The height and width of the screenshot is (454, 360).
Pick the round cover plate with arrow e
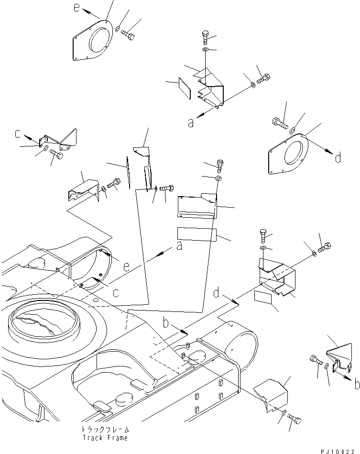[x=94, y=40]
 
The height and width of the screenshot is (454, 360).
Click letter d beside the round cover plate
[x=338, y=157]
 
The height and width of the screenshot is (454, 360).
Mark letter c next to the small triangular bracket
[x=17, y=135]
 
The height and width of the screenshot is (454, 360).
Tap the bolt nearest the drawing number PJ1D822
[x=295, y=420]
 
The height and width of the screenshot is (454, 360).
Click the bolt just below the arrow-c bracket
[x=55, y=155]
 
